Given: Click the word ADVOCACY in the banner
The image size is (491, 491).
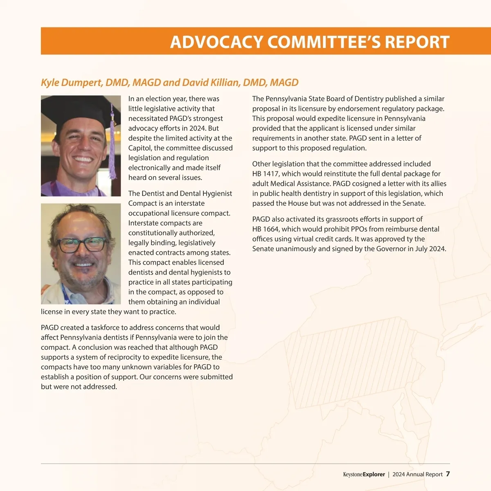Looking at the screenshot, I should pyautogui.click(x=216, y=42).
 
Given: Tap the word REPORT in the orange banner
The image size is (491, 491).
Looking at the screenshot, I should pyautogui.click(x=417, y=42).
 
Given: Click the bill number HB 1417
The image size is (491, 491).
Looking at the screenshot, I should pyautogui.click(x=265, y=174).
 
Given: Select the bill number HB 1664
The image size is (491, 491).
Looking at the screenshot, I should pyautogui.click(x=265, y=229).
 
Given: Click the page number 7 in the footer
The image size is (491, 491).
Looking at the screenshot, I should pyautogui.click(x=448, y=474).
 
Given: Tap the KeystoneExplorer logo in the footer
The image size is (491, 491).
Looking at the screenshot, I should pyautogui.click(x=364, y=475).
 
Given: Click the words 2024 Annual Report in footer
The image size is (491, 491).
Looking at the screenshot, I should pyautogui.click(x=417, y=475).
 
